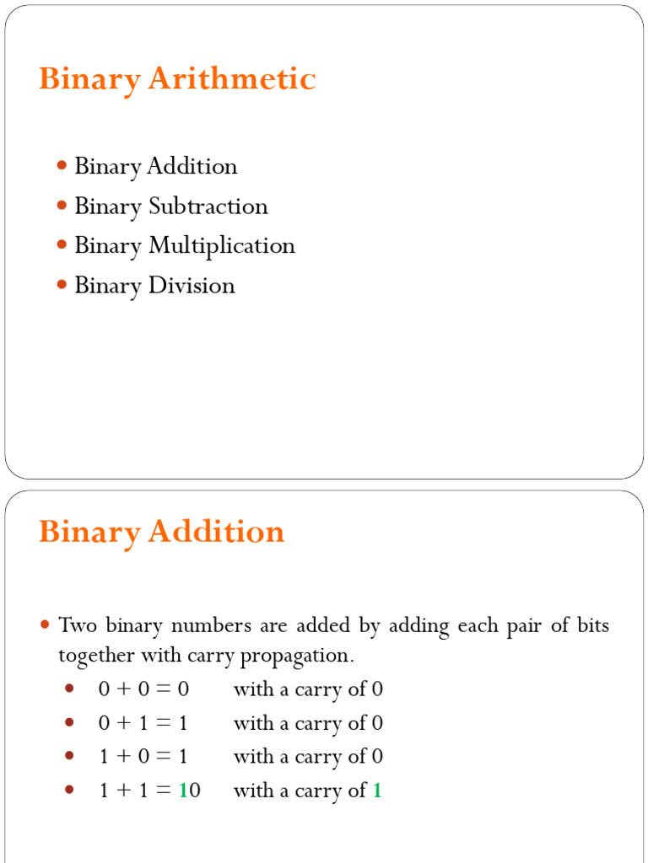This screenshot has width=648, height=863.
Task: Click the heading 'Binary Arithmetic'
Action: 177,80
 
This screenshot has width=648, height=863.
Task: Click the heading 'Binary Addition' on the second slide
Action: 161,533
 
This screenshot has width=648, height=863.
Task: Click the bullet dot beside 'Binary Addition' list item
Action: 62,166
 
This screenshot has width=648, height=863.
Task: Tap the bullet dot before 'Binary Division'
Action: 62,286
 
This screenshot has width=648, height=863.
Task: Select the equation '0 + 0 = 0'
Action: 143,689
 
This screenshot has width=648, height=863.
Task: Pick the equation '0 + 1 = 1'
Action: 143,723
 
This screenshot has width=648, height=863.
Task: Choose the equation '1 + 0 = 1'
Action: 143,757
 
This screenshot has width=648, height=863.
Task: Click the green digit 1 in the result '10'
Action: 182,791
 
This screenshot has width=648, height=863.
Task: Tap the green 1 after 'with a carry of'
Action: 377,791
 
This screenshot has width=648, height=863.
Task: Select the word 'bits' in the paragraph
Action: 591,626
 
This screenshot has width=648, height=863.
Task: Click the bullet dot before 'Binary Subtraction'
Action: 62,206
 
